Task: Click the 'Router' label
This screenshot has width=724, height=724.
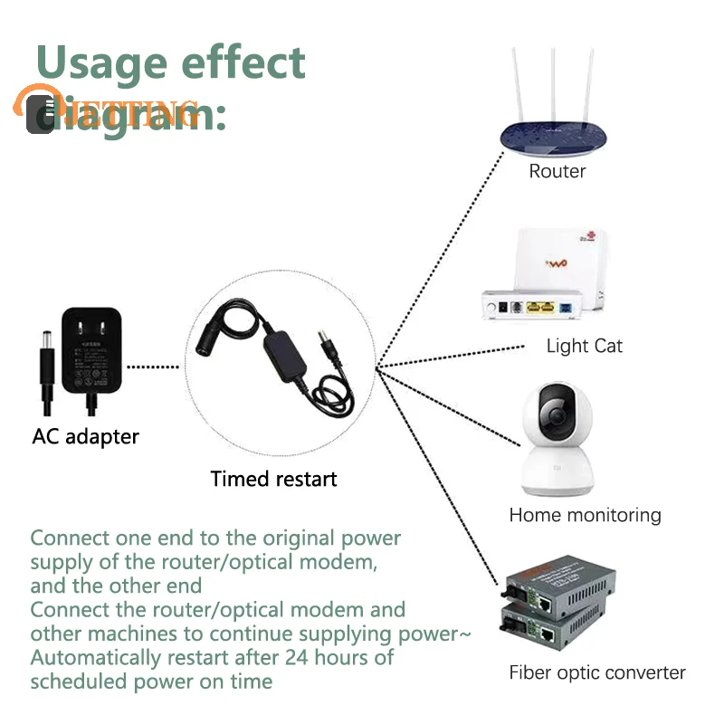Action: click(557, 171)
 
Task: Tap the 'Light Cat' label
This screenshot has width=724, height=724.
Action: click(584, 346)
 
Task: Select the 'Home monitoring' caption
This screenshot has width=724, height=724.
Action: click(585, 515)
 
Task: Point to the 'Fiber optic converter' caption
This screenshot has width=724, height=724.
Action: click(596, 672)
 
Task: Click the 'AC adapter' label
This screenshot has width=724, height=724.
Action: click(86, 436)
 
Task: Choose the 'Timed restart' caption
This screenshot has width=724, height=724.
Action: click(273, 479)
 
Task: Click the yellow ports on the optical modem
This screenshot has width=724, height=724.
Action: click(538, 308)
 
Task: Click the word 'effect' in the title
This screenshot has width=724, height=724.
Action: click(244, 63)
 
